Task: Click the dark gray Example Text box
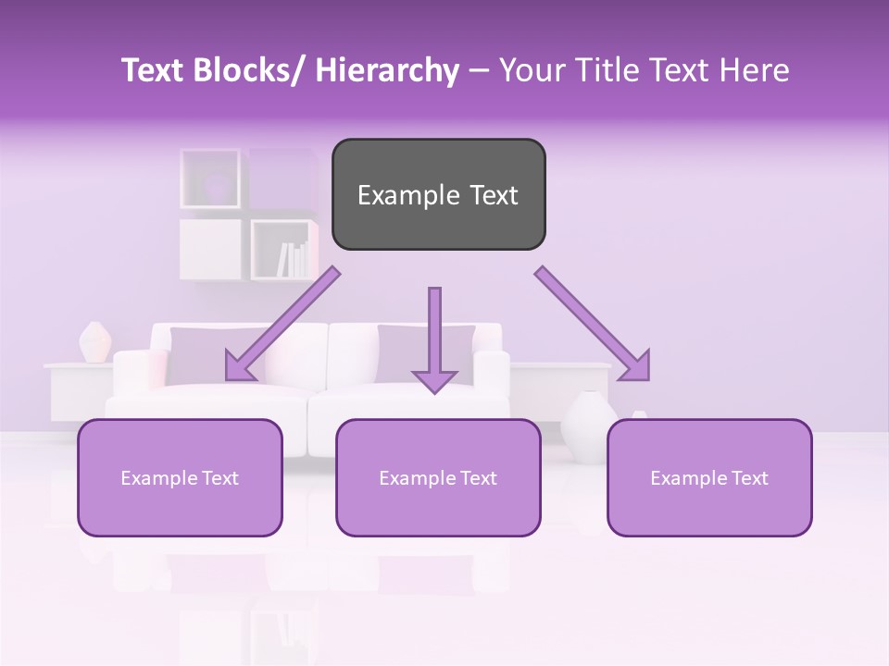pyautogui.click(x=438, y=194)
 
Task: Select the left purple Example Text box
pyautogui.click(x=180, y=477)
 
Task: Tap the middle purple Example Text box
pyautogui.click(x=438, y=477)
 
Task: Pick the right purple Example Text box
pyautogui.click(x=709, y=477)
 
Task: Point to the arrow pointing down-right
pyautogui.click(x=594, y=324)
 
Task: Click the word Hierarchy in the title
pyautogui.click(x=387, y=71)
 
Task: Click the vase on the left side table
pyautogui.click(x=94, y=342)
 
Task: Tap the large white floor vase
pyautogui.click(x=586, y=425)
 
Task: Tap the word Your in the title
pyautogui.click(x=530, y=71)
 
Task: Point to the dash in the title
pyautogui.click(x=479, y=71)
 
